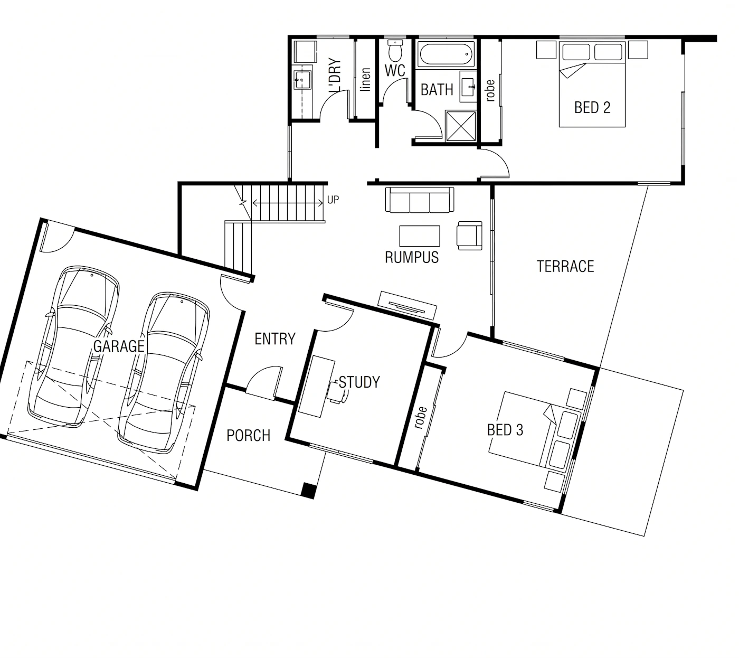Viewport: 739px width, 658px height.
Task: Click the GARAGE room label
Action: pos(119,346)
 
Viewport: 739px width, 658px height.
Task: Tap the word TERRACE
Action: pos(565,266)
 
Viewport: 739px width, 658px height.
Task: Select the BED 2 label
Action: pos(592,108)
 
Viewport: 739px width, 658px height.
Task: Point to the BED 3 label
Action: pos(505,430)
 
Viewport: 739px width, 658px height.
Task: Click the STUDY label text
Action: pos(359,382)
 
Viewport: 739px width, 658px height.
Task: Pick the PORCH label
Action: pos(249,435)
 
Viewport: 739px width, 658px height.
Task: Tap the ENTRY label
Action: pos(275,339)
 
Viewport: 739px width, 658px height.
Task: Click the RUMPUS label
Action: pos(412,258)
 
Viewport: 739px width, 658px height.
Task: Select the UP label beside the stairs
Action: pos(333,200)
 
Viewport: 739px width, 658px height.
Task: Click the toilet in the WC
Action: pos(395,50)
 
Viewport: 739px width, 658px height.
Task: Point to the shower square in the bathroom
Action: pos(461,125)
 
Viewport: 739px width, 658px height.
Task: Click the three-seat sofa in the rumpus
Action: pos(420,200)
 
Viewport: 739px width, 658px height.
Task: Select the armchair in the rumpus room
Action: pos(470,236)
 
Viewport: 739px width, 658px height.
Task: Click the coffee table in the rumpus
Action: pos(420,236)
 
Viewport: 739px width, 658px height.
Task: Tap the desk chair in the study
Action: pos(337,392)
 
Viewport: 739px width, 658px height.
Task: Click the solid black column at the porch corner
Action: pos(308,491)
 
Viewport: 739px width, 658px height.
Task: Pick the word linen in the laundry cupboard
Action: pos(365,79)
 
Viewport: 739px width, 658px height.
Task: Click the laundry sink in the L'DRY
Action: pos(302,80)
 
